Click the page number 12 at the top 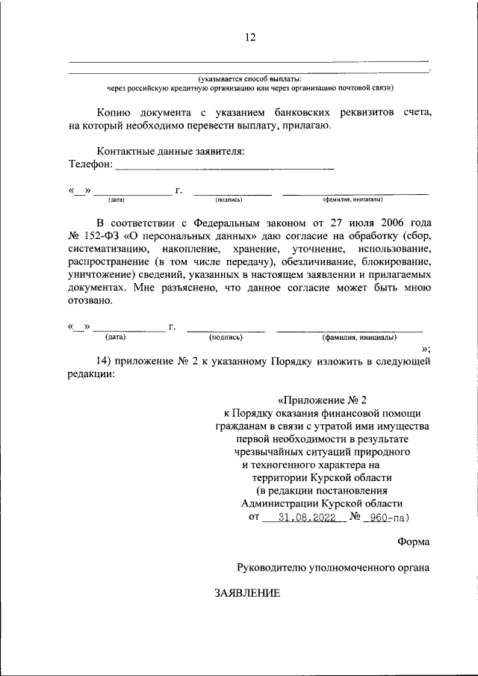pos(249,37)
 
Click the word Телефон pos(90,164)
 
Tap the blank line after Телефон pos(224,166)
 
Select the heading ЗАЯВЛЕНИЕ pos(247,593)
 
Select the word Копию pos(114,112)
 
